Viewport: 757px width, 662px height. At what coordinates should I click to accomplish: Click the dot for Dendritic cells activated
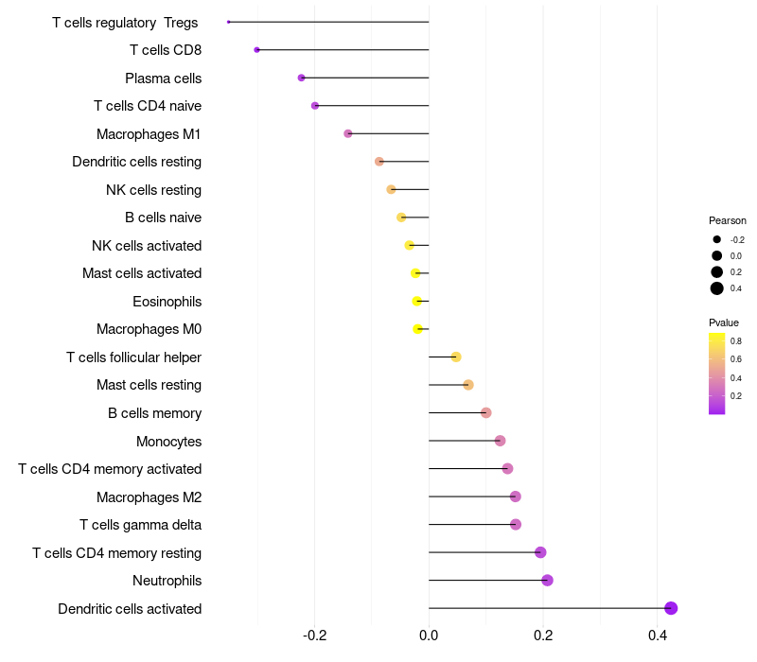[x=671, y=608]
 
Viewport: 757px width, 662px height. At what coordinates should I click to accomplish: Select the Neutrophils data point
[x=547, y=581]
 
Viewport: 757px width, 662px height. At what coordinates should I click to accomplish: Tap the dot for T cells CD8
[x=256, y=50]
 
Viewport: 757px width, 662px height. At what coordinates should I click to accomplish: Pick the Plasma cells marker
[x=302, y=78]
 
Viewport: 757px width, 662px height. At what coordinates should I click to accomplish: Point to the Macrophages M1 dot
[x=348, y=133]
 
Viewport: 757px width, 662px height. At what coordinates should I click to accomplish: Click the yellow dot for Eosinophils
[x=417, y=302]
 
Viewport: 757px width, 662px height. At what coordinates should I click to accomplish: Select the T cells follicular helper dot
[x=456, y=357]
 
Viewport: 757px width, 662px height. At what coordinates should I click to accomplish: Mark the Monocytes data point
[x=501, y=441]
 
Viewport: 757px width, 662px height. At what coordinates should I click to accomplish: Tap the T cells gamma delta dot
[x=516, y=525]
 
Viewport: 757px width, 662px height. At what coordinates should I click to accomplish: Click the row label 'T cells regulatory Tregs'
[x=125, y=22]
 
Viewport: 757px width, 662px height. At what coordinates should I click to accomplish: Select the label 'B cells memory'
[x=154, y=413]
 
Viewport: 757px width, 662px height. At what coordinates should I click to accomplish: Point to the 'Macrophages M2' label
[x=149, y=497]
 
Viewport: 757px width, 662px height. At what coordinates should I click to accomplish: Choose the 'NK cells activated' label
[x=147, y=246]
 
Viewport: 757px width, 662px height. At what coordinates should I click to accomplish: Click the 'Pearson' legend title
[x=727, y=220]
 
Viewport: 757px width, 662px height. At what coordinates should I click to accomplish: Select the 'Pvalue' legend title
[x=724, y=322]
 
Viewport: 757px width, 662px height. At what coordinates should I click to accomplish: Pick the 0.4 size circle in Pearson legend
[x=717, y=288]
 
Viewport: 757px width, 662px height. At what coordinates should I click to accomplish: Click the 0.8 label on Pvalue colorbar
[x=735, y=340]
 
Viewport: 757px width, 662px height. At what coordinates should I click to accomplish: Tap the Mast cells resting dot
[x=468, y=385]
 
